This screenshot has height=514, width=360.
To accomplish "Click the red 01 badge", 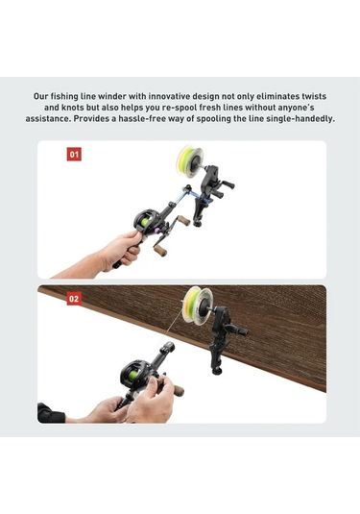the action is coord(74,154).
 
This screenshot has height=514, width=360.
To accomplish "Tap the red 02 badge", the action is coord(74,299).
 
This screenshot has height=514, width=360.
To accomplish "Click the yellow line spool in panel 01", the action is coord(190,159).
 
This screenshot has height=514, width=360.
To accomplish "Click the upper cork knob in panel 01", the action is coord(183,220).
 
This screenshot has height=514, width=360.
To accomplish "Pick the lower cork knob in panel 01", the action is coord(161,251).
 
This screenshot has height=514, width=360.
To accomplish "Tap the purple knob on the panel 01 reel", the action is coord(157,231).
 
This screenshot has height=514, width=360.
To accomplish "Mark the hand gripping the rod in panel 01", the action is coord(123,249).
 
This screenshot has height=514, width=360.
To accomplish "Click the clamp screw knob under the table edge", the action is coord(216,371).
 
